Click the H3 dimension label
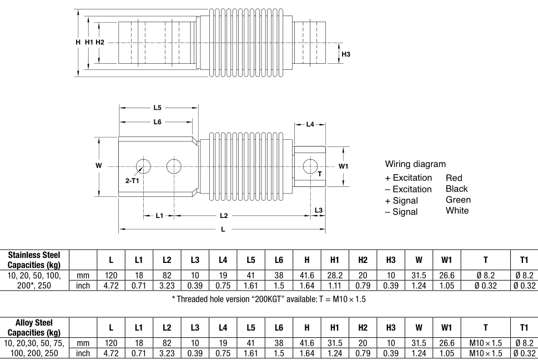point(346,54)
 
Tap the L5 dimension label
point(158,108)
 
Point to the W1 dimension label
point(344,166)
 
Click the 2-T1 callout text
point(132,181)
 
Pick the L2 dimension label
point(223,216)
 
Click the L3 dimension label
point(318,210)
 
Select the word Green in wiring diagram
point(458,200)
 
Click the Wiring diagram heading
point(415,165)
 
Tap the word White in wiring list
point(457,210)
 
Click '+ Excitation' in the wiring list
point(408,178)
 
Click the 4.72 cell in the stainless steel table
point(111,285)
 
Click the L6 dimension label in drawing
point(158,121)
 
